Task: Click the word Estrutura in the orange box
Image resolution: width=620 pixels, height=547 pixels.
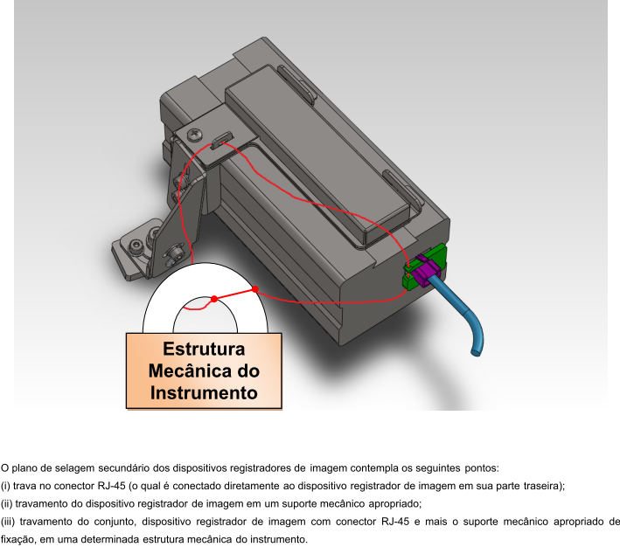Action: coord(204,349)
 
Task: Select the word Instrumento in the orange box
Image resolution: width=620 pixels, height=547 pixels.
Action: coord(204,393)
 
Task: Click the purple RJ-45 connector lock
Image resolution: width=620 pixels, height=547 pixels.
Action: coord(425,271)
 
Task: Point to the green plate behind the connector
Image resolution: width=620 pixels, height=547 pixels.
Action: coord(425,267)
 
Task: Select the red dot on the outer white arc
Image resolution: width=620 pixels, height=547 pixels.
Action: coord(255,290)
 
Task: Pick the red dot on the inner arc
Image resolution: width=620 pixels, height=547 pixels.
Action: coord(214,299)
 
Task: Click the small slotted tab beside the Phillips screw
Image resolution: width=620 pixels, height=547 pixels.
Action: coord(222,140)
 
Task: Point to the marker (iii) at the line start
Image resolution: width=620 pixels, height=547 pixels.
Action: coord(8,522)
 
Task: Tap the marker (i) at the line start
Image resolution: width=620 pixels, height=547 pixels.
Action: coord(5,486)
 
